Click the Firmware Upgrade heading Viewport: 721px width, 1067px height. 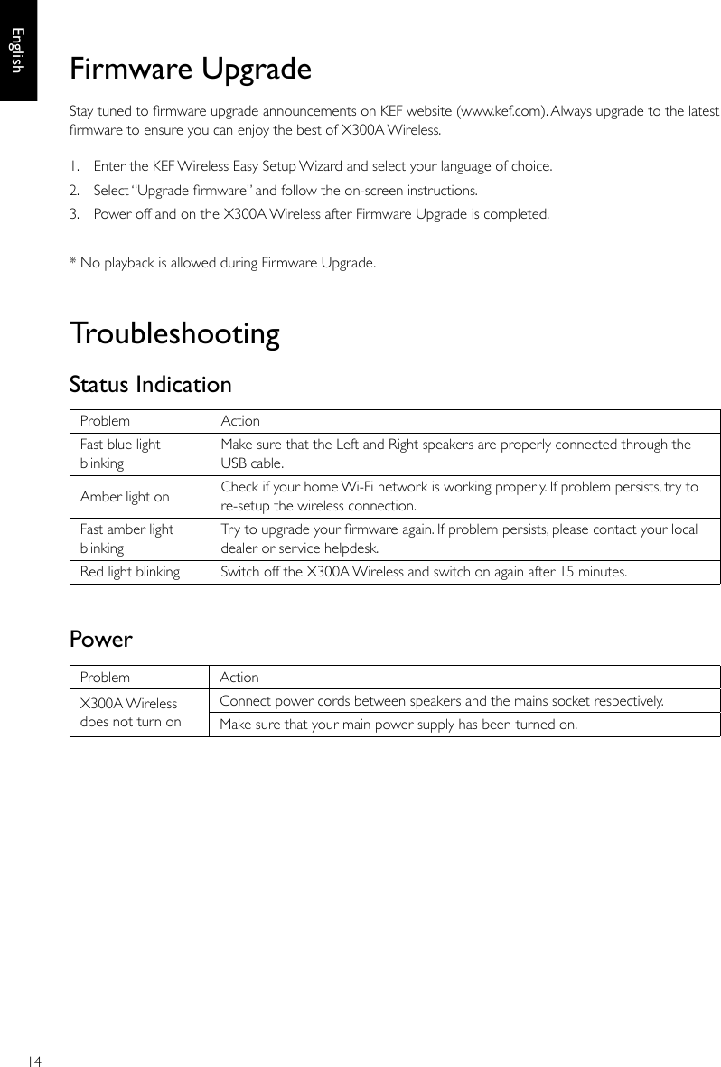(191, 70)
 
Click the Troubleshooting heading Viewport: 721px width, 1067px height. (174, 334)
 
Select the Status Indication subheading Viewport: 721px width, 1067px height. (151, 385)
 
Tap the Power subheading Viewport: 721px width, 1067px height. (101, 640)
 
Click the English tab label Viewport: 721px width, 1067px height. (17, 50)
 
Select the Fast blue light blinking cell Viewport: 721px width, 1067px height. (120, 454)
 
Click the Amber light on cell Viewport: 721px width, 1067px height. (125, 496)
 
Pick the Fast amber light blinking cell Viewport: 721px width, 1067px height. (126, 538)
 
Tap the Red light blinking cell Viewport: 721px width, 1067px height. (130, 572)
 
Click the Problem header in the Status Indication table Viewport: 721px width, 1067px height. (105, 421)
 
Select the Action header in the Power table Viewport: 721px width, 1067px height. (239, 678)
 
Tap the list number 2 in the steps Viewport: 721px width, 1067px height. (74, 191)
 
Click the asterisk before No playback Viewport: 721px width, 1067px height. (73, 262)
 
